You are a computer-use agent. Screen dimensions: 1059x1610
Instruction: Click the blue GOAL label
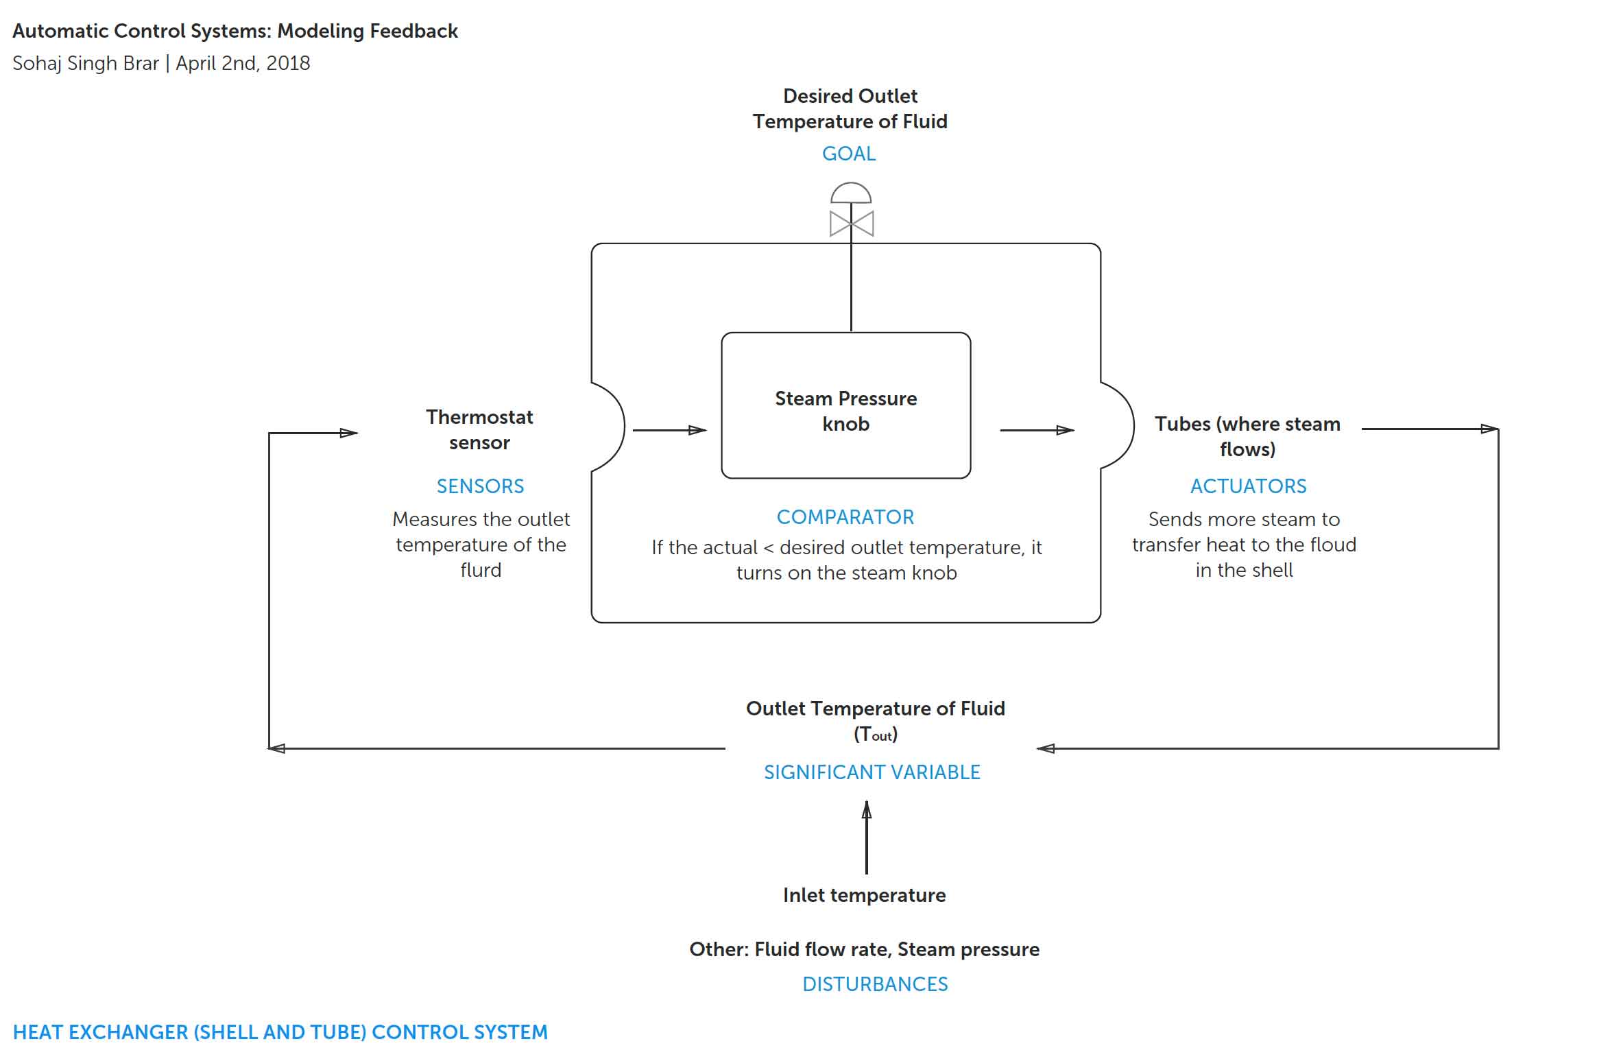848,154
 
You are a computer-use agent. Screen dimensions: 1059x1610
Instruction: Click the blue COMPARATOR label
845,517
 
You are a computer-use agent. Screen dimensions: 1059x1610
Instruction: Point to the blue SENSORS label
480,486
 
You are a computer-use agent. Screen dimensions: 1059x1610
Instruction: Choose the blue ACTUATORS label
1247,486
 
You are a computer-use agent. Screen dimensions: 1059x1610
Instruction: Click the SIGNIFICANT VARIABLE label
872,772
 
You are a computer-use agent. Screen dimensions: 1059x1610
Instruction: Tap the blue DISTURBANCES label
874,984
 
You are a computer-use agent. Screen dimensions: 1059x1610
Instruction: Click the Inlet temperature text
864,895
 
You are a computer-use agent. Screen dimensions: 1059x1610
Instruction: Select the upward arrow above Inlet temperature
866,837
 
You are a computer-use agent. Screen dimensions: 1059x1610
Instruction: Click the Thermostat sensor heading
479,429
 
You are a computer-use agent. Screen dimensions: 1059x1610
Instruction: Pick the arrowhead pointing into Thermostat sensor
348,433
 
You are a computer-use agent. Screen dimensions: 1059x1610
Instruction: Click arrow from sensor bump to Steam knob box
669,430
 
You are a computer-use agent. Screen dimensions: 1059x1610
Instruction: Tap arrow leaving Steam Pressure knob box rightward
1036,430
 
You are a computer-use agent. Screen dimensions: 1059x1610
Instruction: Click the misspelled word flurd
480,570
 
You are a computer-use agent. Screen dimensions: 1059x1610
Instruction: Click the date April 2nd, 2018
243,63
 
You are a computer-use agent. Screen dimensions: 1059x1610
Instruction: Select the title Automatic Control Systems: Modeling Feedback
235,31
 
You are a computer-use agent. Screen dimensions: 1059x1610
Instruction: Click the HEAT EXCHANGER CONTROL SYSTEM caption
280,1032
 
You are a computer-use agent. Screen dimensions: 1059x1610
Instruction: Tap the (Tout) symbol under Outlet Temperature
875,735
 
